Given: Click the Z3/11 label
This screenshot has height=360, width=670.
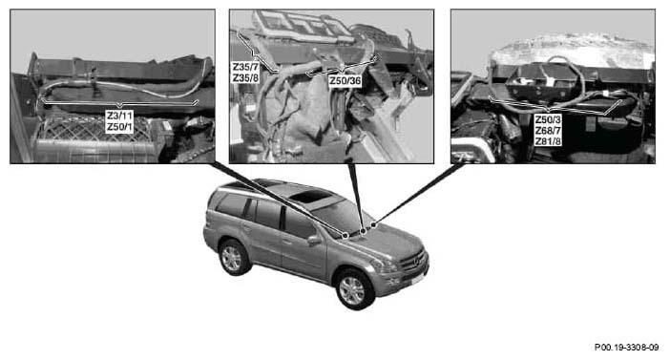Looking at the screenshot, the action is pos(119,116).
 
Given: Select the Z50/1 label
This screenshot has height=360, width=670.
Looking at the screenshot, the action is pos(119,127).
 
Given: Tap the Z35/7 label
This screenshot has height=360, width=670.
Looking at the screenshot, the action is pos(245,67).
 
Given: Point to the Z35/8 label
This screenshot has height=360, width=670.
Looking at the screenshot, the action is pos(245,77).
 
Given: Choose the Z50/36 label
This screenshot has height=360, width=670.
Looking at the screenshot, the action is pos(345,81).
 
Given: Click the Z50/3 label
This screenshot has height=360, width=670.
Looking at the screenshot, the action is pos(548,119).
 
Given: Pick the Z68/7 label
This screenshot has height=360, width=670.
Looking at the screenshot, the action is pos(548,131).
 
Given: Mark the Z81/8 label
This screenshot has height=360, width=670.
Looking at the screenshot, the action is pos(548,141).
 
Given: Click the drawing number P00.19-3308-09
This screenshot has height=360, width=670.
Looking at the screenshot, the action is pos(627,348).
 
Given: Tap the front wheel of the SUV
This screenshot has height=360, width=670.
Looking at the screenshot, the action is pos(354,289).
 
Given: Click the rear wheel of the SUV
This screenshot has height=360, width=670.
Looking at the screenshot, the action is pos(233,258).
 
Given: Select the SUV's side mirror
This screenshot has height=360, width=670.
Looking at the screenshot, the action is pos(314,240).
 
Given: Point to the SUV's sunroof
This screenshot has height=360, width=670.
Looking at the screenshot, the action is pos(309,197).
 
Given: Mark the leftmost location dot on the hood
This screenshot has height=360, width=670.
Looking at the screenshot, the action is pos(345,236).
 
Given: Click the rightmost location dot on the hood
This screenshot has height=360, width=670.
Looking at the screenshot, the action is pos(373,224).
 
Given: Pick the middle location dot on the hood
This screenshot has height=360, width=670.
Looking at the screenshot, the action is pos(364,231).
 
